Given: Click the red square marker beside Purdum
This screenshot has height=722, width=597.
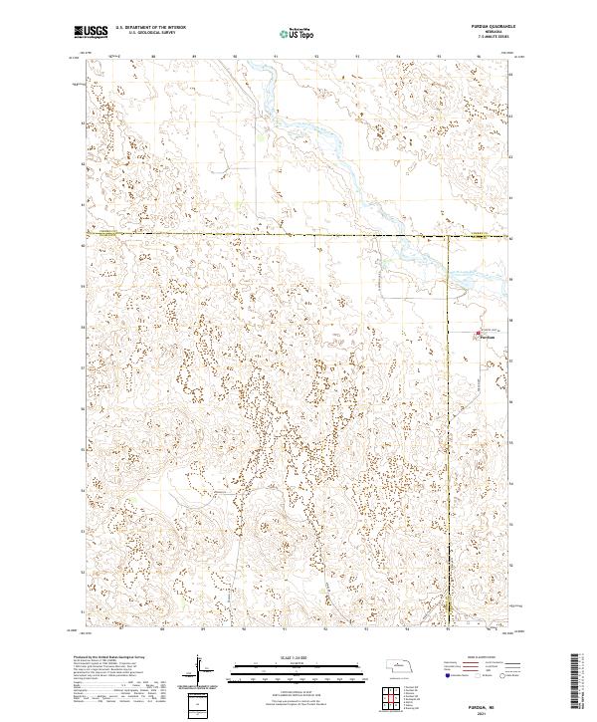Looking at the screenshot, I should pyautogui.click(x=474, y=334).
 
